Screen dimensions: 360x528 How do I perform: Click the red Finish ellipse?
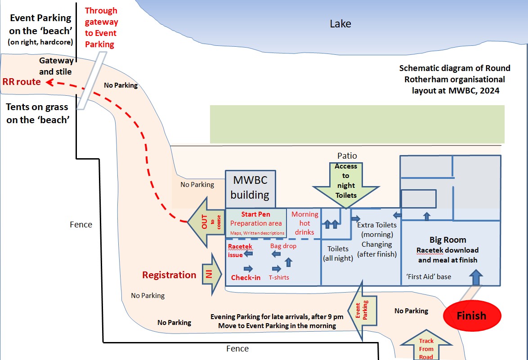472,316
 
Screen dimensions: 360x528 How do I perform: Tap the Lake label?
340,24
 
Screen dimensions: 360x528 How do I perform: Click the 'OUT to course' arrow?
206,221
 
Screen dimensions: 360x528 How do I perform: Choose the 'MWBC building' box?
250,188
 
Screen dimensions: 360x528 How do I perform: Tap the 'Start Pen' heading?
255,214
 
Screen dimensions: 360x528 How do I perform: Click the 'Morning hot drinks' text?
305,223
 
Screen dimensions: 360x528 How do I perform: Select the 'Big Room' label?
447,240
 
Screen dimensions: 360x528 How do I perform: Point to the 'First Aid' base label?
429,277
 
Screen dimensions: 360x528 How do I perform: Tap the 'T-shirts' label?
278,277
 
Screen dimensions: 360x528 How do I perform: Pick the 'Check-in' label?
246,277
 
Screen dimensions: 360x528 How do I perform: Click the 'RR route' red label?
22,82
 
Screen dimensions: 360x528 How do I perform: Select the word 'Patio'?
347,156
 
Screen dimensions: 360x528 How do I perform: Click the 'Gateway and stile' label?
56,66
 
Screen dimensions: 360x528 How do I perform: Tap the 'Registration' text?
169,275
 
